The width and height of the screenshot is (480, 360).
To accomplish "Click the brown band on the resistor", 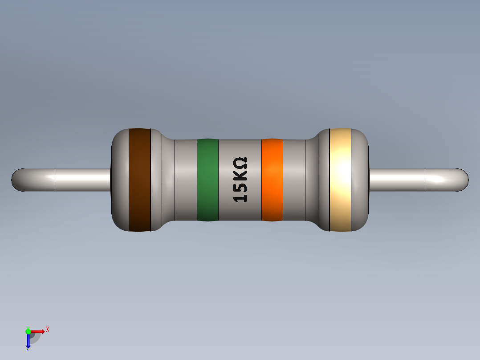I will point(139,180).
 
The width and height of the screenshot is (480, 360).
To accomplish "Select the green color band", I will point(207,180).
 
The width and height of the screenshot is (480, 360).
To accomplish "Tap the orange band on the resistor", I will point(272,180).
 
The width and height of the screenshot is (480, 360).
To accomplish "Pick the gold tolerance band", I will point(341,180).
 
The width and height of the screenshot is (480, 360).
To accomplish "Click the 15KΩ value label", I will point(240,180).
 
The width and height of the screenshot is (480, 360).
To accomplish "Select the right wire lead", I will point(410,180).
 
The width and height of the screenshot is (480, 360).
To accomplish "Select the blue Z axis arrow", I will point(28,341).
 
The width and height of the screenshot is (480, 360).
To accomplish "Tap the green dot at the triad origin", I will point(28,331).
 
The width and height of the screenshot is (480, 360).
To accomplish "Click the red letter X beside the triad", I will point(47,330).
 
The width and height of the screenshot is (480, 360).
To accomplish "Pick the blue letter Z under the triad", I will point(28,349).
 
